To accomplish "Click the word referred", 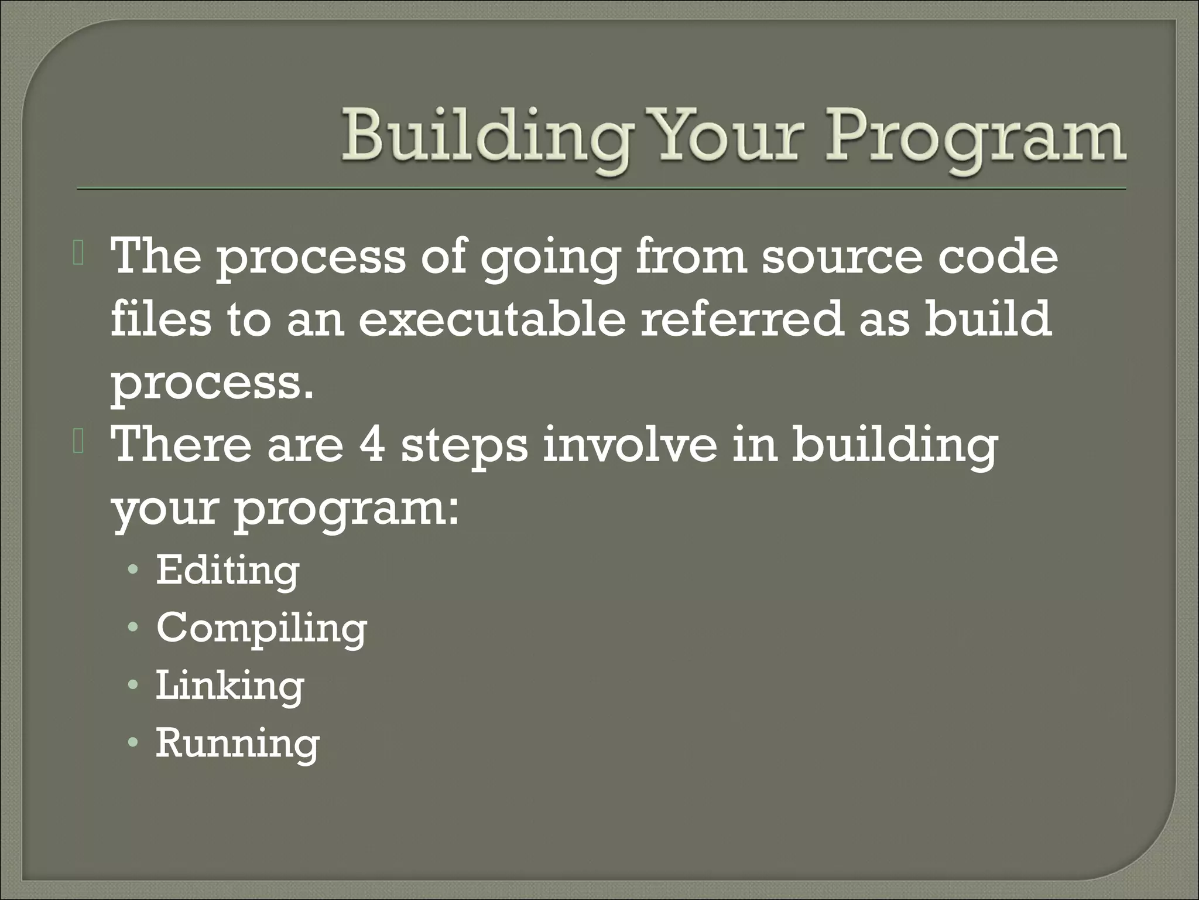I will [742, 319].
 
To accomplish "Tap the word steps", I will [464, 446].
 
